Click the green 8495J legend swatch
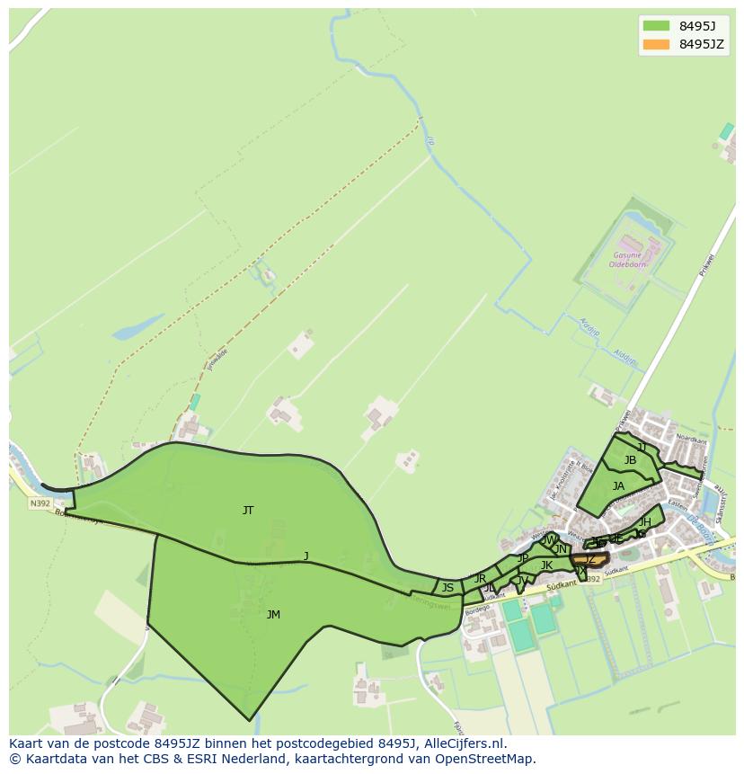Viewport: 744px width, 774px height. (656, 25)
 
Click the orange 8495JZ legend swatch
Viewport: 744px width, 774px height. (656, 44)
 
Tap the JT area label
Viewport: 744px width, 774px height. (248, 511)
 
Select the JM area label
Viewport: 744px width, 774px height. (273, 615)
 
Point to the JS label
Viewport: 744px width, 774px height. (447, 588)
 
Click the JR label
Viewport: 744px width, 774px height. (480, 578)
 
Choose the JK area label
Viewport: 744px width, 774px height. (546, 565)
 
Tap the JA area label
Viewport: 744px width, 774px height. (618, 486)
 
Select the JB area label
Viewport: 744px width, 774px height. (630, 460)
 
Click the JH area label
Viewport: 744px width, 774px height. (644, 522)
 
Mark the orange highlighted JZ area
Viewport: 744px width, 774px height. (589, 560)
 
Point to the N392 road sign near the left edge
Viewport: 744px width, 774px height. (40, 503)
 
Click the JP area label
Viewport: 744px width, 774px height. (523, 558)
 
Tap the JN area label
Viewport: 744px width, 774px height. (561, 549)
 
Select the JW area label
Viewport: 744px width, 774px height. (548, 540)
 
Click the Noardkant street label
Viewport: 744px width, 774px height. (686, 440)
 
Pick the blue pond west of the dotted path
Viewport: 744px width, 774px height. (137, 326)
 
